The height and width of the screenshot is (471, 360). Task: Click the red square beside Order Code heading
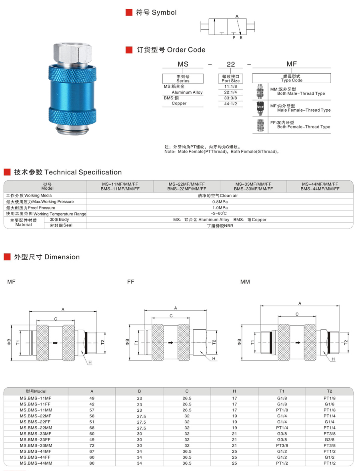click(x=129, y=50)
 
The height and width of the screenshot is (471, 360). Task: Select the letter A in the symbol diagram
click(x=237, y=16)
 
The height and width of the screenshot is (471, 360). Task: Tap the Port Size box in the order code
click(x=230, y=78)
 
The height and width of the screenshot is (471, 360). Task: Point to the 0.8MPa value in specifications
click(x=220, y=202)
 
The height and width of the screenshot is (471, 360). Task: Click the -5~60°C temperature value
click(x=220, y=213)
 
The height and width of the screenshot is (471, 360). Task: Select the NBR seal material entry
click(x=220, y=225)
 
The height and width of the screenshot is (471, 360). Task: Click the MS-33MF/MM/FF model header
click(x=253, y=186)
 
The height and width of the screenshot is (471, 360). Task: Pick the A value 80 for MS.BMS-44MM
click(x=92, y=463)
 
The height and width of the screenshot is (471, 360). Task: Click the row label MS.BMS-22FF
click(x=36, y=422)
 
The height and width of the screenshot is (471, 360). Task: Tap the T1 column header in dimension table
click(x=282, y=391)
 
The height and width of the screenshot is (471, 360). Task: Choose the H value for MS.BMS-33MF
click(x=234, y=434)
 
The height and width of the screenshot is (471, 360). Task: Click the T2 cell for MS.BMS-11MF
click(x=329, y=398)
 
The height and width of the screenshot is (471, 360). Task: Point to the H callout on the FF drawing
click(x=214, y=359)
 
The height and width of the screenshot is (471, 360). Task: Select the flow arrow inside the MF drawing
click(x=55, y=343)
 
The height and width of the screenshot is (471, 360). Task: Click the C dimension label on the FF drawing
click(x=171, y=316)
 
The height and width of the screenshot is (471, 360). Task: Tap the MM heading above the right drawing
click(x=245, y=282)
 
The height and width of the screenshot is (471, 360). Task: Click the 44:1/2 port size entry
click(x=230, y=103)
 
